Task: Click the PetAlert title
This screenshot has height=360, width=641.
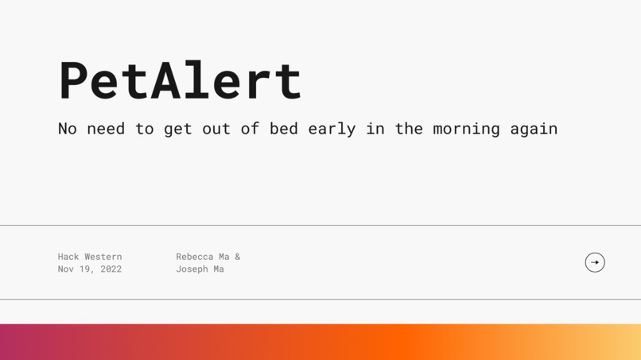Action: coord(181,80)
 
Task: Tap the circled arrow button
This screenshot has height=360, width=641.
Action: coord(595,262)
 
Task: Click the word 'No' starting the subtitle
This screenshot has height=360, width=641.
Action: coord(68,129)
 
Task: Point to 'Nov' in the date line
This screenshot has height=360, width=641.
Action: coord(66,269)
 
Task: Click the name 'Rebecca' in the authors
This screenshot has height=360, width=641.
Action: coord(196,257)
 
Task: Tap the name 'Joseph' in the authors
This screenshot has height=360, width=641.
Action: coord(193,269)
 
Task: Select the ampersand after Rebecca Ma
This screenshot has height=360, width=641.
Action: coord(237,257)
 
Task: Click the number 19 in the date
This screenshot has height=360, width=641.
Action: coord(89,269)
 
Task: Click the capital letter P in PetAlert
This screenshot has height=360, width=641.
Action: coord(74,80)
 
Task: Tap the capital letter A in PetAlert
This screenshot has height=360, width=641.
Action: coord(165,80)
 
